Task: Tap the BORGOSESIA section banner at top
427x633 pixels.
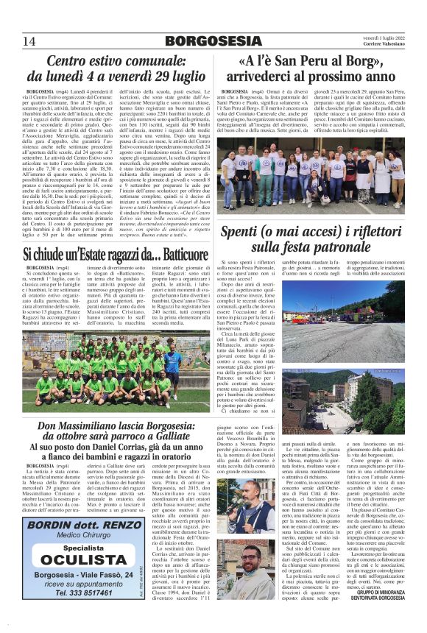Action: click(x=213, y=40)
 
